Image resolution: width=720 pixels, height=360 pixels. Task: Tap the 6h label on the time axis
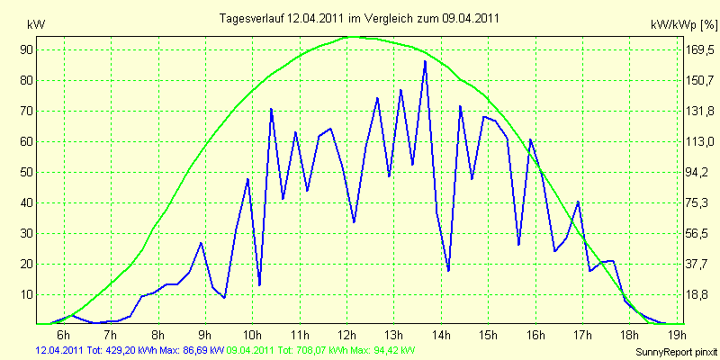(x=64, y=334)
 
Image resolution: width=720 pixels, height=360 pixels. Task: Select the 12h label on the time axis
(x=347, y=334)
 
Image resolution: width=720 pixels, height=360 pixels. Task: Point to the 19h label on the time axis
(x=678, y=334)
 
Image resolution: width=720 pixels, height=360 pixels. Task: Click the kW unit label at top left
(x=36, y=25)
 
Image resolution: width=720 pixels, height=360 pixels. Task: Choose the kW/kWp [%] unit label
(x=683, y=25)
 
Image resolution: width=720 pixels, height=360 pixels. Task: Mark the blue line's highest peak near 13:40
(x=425, y=61)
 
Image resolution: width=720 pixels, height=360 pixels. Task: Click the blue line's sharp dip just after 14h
(x=448, y=271)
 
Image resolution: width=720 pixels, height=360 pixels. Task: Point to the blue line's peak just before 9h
(x=201, y=243)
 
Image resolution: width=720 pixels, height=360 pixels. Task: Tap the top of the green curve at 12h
(x=350, y=37)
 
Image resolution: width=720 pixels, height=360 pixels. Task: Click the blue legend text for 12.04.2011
(x=130, y=351)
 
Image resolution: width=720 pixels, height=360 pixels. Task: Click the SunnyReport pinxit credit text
(x=676, y=352)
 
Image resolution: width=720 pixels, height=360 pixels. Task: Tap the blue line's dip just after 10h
(x=259, y=285)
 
